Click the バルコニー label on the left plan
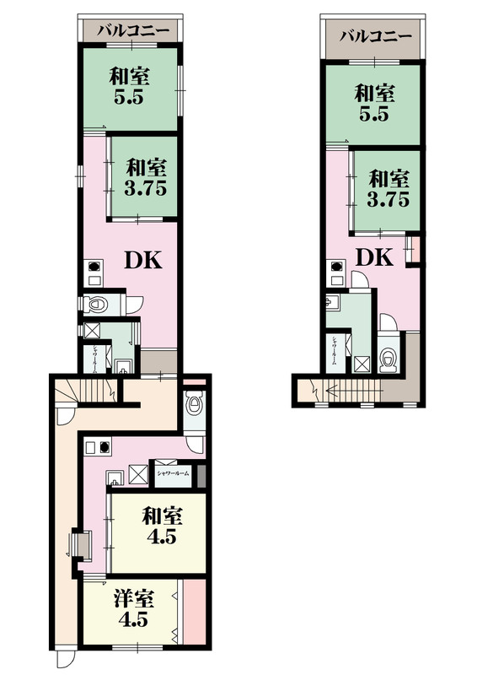tap(132, 30)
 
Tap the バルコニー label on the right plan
tap(376, 37)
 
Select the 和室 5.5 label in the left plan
tap(130, 86)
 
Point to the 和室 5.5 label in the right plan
tap(374, 102)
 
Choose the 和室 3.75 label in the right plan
tap(389, 189)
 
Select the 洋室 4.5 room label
tap(134, 607)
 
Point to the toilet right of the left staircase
tap(195, 404)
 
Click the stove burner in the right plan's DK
tap(336, 268)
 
